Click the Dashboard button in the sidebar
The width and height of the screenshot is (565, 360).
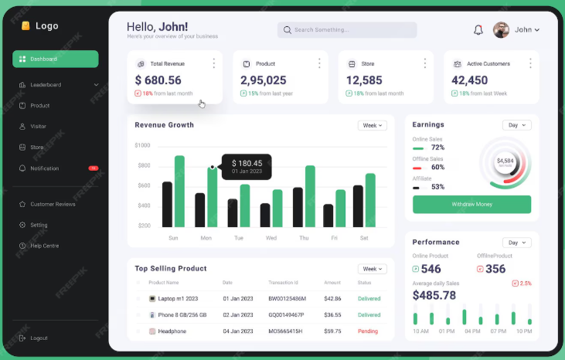tap(55, 59)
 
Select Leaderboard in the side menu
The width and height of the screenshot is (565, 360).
tap(46, 84)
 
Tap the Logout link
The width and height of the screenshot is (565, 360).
tap(39, 338)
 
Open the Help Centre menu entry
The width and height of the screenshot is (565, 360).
tap(44, 246)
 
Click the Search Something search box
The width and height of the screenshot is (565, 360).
tap(346, 30)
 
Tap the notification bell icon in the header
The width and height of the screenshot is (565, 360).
tap(478, 30)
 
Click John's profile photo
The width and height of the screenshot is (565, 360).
tap(501, 30)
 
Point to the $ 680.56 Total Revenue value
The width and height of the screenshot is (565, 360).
tap(158, 80)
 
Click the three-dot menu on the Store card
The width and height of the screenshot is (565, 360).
tap(424, 63)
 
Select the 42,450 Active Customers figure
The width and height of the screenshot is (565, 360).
tap(470, 80)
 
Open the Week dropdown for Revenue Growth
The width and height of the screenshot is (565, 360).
tap(372, 125)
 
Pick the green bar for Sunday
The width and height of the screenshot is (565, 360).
tap(179, 191)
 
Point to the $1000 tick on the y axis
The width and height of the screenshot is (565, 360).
tap(142, 145)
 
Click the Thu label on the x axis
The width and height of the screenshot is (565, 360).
tap(304, 238)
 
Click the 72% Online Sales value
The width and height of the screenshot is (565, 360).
tap(437, 147)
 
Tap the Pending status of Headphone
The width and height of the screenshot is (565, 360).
tap(367, 331)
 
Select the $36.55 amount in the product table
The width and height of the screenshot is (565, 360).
tap(332, 315)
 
